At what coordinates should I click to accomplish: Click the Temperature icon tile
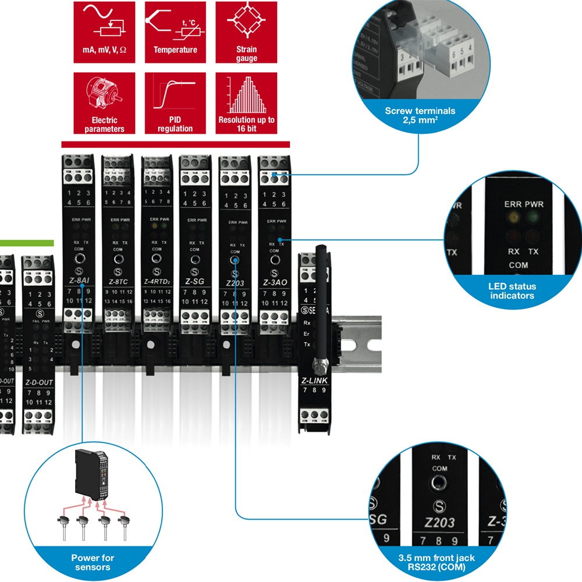[175, 31]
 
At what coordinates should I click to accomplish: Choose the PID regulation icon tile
[175, 102]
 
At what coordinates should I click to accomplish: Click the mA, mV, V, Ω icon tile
[104, 31]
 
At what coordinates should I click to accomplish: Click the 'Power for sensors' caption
[93, 562]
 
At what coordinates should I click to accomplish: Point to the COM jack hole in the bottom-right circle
[439, 482]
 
